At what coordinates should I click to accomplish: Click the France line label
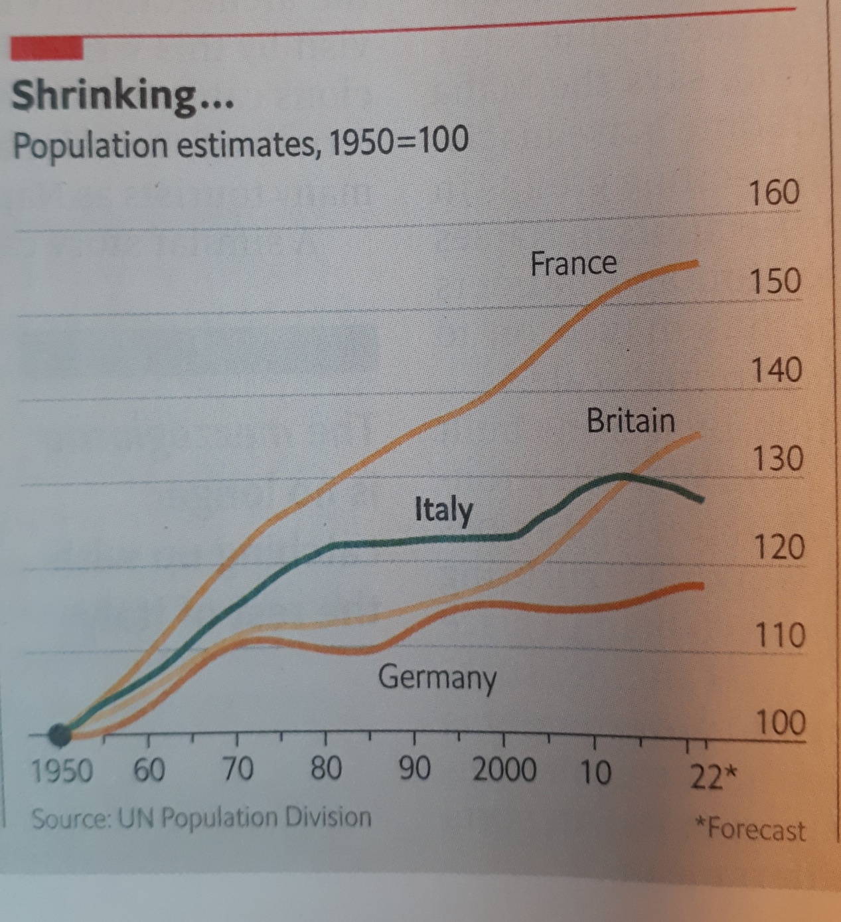[573, 264]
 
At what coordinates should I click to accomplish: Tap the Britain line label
[630, 421]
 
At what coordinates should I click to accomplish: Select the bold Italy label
[443, 510]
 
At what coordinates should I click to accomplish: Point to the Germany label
[437, 678]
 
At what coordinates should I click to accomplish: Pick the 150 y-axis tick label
[775, 282]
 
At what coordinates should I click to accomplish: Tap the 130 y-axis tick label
[777, 458]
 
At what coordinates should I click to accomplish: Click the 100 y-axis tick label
[781, 722]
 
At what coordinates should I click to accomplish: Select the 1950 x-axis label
[62, 771]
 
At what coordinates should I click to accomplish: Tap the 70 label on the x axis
[237, 769]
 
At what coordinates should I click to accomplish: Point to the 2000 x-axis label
[504, 770]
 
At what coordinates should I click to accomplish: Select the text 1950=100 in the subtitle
[398, 141]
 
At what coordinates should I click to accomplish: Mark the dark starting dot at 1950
[60, 734]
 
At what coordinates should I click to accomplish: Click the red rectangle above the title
[47, 48]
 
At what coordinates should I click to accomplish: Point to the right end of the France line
[696, 263]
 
